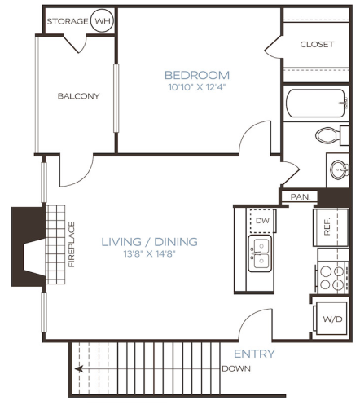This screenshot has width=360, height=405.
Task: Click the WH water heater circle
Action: point(102,20)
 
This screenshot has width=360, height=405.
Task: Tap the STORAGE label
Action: point(67,20)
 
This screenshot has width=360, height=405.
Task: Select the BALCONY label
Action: point(78,96)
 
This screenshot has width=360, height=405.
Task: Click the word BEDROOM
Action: point(196,74)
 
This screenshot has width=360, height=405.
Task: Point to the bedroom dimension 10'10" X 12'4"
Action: point(196,86)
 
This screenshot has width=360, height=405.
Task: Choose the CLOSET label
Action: point(317,44)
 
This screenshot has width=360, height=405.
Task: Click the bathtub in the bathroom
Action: point(317,103)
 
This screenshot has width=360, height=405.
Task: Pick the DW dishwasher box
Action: point(261,220)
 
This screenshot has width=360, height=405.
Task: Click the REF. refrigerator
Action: point(328,227)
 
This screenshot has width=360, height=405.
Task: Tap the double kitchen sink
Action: point(261,253)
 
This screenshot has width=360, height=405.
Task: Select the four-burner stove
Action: point(331,278)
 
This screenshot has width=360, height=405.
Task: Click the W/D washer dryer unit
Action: point(331,319)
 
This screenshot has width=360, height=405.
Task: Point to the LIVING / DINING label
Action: point(149,242)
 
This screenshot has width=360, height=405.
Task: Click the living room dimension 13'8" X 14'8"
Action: point(149,254)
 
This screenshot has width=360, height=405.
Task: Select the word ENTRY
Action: point(254,354)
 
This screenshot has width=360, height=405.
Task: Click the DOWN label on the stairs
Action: point(235,368)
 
